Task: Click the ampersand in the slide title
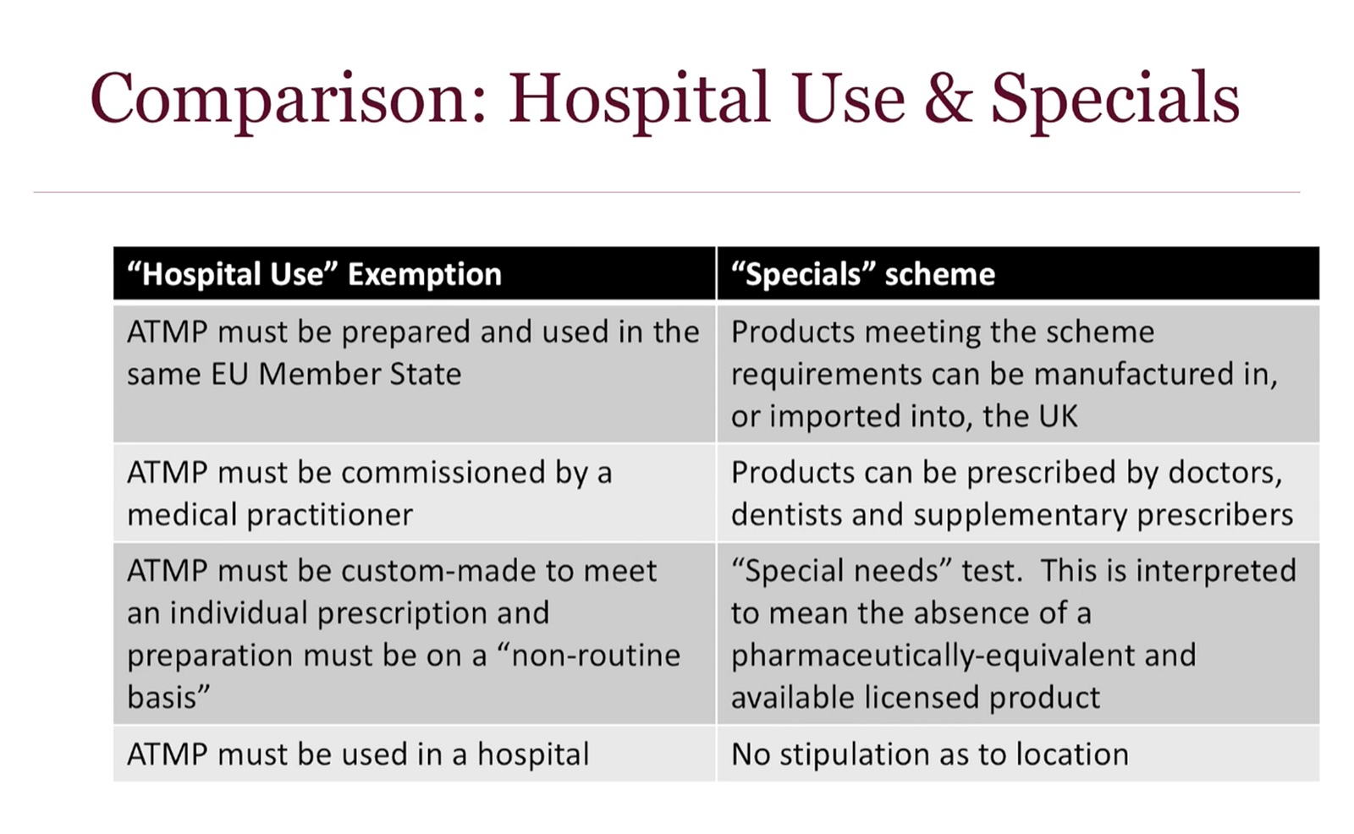(x=948, y=98)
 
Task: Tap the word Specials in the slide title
(x=1115, y=100)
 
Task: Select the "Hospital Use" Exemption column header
(x=314, y=274)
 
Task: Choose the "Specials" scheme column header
(x=863, y=274)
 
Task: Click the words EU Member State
(x=336, y=374)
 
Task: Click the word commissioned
(x=443, y=472)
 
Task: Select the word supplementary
(x=1021, y=515)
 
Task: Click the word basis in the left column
(x=168, y=698)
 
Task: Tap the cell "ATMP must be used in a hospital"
(x=358, y=754)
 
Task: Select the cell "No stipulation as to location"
(x=930, y=754)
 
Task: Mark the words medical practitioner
(x=270, y=515)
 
